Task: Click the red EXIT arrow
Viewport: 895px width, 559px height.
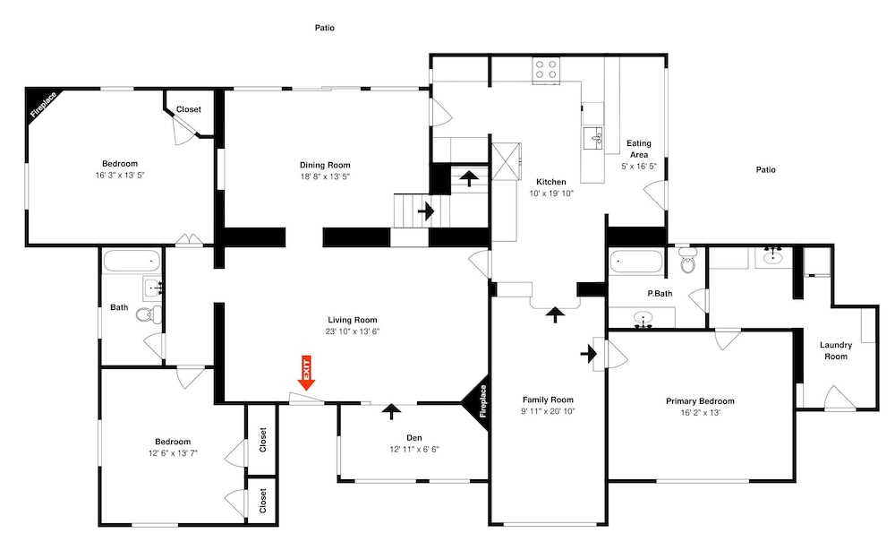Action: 306,374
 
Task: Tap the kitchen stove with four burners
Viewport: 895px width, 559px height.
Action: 546,70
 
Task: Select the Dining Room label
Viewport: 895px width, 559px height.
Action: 326,165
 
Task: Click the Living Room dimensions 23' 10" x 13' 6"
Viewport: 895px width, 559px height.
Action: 353,331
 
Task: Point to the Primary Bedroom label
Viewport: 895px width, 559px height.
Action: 701,401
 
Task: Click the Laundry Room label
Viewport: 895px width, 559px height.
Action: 836,350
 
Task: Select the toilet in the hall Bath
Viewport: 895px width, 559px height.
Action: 150,314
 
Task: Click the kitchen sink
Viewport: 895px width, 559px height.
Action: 593,138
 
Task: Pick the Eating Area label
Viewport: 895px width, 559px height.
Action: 639,149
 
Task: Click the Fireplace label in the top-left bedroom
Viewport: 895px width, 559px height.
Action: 44,105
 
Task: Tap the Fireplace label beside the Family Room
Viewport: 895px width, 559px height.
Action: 483,401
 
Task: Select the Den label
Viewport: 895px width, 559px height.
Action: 414,438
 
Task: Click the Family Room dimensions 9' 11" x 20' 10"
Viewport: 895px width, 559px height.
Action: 548,411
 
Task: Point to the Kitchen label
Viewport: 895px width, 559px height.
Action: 551,182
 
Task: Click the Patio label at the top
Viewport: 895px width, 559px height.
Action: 325,28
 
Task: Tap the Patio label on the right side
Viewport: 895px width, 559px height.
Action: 766,169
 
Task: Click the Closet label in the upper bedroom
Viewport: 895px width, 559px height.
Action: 188,109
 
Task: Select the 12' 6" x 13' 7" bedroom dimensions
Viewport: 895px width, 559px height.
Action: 173,453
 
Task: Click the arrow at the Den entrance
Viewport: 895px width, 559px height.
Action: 391,411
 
